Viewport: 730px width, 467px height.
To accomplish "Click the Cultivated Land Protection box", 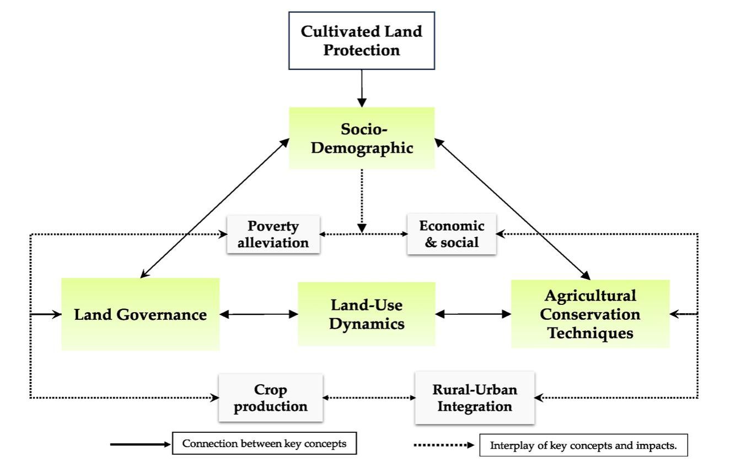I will click(x=361, y=40).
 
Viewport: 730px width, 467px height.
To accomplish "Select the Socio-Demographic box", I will click(x=361, y=138).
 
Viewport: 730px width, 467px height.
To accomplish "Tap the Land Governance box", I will click(x=140, y=314).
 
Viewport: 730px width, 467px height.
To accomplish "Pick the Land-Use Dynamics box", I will click(x=366, y=314).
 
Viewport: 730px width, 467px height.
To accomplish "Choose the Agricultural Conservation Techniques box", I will click(x=590, y=314).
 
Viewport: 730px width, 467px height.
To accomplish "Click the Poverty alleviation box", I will click(x=273, y=234).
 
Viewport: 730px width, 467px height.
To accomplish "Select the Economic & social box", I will click(x=452, y=234).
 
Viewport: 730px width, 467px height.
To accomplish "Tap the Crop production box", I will click(x=271, y=398).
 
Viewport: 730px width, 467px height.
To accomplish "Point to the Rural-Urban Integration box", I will click(x=474, y=398).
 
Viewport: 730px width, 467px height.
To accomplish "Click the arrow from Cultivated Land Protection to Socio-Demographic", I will click(x=361, y=88).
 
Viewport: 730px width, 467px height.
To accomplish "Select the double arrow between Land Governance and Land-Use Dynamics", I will click(x=259, y=314).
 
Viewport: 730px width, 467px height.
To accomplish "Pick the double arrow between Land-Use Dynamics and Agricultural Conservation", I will click(x=473, y=314).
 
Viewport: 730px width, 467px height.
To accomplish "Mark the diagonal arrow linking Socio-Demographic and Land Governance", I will click(x=215, y=208).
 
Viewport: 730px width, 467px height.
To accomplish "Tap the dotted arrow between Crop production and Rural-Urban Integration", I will click(x=369, y=397).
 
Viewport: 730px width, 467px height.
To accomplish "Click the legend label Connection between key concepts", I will click(x=264, y=444).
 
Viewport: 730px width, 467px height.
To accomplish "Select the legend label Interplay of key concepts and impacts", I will click(x=583, y=445).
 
